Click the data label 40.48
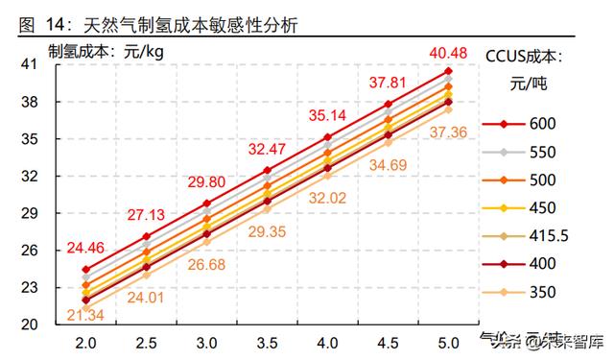[446, 54]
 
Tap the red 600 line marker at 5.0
[448, 71]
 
